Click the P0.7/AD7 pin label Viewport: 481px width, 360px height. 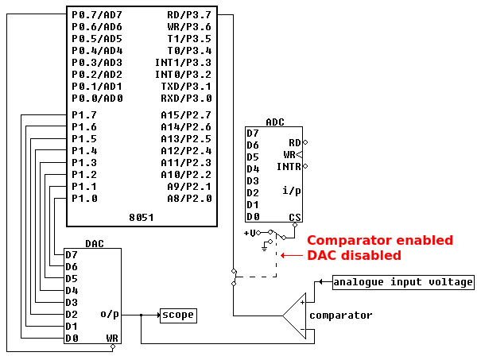point(97,14)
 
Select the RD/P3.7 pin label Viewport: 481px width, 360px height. point(189,14)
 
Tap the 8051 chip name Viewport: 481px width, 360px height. point(141,217)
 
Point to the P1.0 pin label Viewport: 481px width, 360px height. point(84,199)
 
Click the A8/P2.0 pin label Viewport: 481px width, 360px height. point(189,199)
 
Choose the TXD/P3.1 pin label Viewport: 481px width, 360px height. point(187,86)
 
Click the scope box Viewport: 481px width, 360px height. point(177,315)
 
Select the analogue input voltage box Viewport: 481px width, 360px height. point(403,282)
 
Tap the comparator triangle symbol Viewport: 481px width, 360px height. point(297,316)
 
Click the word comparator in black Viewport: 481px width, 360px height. point(340,315)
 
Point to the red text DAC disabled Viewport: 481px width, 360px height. point(354,255)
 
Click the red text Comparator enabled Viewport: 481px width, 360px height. point(380,240)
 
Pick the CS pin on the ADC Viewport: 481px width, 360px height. point(295,217)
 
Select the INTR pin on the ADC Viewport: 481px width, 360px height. point(289,167)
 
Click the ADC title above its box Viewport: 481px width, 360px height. point(275,122)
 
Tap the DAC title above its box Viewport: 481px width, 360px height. point(95,243)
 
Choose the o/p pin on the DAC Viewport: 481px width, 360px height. point(110,314)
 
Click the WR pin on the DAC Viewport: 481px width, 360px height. point(112,339)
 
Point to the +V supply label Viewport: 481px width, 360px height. point(250,233)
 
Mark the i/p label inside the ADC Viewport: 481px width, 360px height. point(291,191)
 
